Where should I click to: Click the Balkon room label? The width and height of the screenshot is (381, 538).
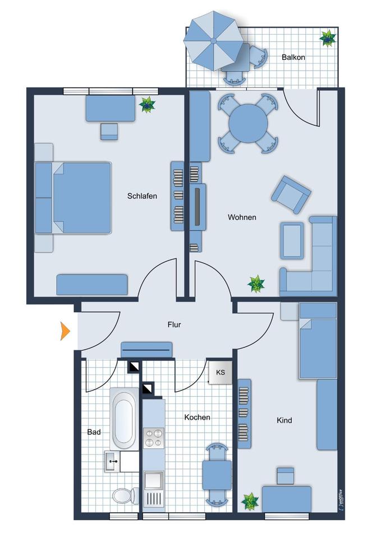(x=293, y=57)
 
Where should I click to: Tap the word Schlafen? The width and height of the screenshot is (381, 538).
(x=142, y=196)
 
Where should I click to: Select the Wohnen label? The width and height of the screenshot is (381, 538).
(x=242, y=217)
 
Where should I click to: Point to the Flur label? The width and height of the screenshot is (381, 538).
(x=175, y=324)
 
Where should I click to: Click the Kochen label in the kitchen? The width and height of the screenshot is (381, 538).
(x=197, y=417)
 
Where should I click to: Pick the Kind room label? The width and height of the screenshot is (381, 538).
(x=284, y=420)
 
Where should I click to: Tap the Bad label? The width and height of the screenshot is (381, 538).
(x=94, y=432)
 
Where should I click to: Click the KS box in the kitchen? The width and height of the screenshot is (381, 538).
(x=221, y=372)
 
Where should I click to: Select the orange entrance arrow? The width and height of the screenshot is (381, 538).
(x=66, y=331)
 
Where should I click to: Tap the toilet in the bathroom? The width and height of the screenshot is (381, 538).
(x=125, y=495)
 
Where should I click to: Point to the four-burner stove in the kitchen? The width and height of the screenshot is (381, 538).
(x=153, y=438)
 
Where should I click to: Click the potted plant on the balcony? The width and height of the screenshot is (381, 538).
(x=327, y=38)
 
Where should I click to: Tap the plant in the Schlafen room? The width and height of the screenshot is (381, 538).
(x=148, y=104)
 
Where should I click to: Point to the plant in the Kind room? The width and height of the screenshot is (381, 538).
(x=250, y=500)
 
